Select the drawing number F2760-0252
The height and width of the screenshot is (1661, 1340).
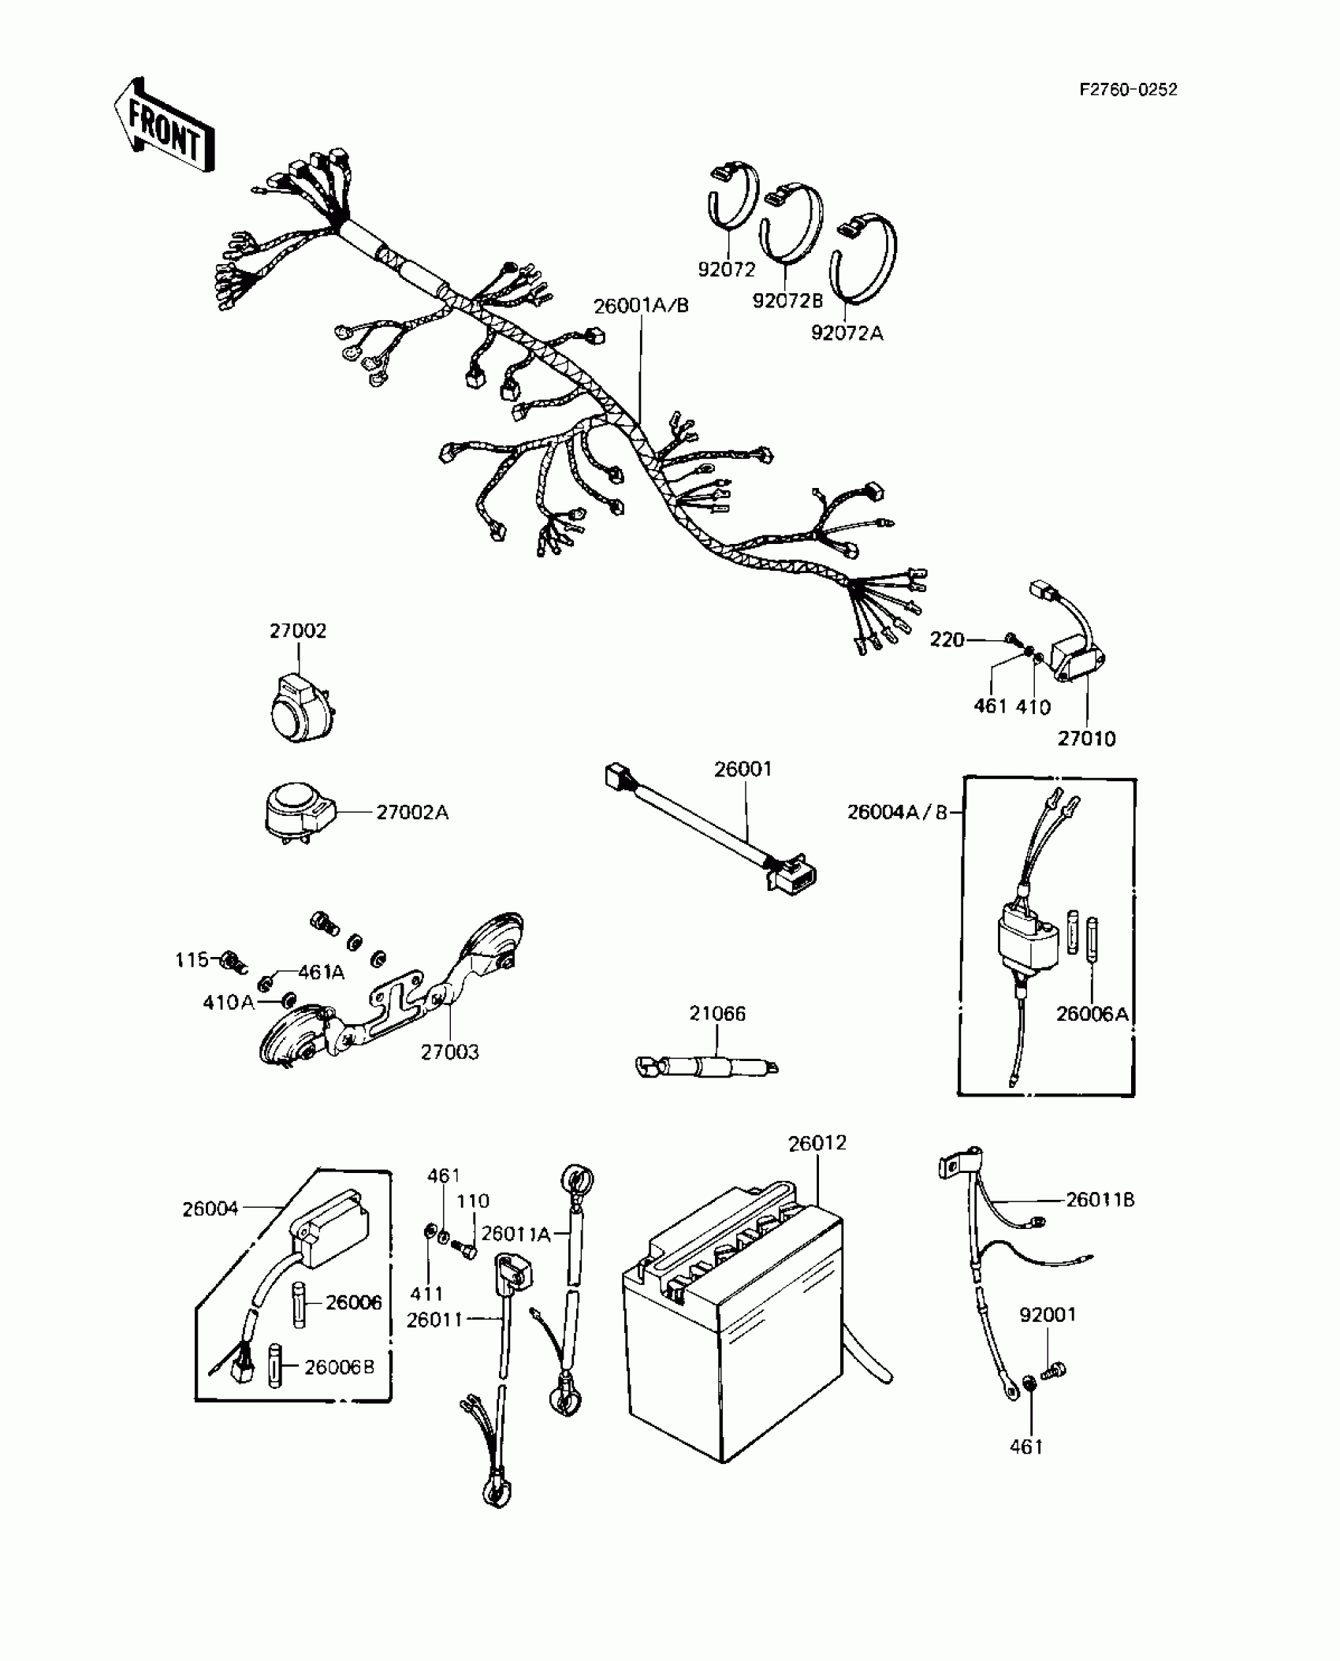[x=1128, y=90]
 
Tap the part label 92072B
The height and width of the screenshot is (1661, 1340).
[x=787, y=301]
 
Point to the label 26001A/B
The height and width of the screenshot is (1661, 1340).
[x=641, y=306]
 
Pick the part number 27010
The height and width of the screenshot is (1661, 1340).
[x=1086, y=739]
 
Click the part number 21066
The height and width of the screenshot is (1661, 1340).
[x=717, y=1013]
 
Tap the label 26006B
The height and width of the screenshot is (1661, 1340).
[x=339, y=1366]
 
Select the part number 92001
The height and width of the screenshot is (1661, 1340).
[x=1048, y=1314]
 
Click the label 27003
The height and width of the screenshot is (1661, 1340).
[x=449, y=1052]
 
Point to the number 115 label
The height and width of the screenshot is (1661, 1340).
[x=192, y=959]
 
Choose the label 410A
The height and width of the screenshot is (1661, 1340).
[x=229, y=1003]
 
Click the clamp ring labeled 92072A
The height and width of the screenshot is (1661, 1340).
[x=865, y=260]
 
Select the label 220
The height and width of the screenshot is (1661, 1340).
[x=947, y=639]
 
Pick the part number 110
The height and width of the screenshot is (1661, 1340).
[x=473, y=1201]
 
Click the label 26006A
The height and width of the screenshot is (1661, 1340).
[x=1092, y=1014]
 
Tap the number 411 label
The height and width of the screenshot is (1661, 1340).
[x=426, y=1294]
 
